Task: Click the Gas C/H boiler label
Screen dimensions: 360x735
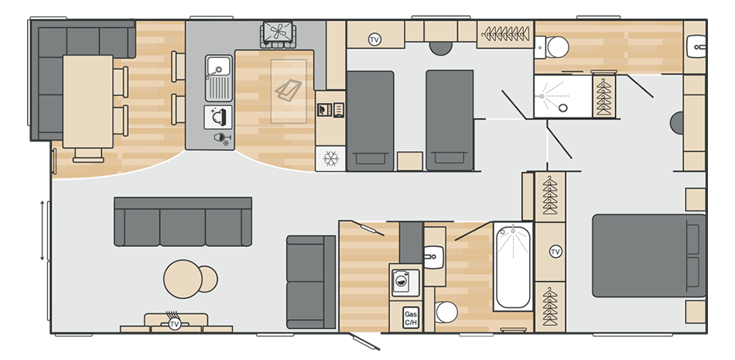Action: [410, 317]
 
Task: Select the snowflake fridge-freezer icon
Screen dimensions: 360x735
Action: [331, 158]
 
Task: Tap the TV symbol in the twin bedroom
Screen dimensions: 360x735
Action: [374, 39]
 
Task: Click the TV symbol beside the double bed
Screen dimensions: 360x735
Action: [556, 252]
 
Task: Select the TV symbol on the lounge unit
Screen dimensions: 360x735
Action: [175, 323]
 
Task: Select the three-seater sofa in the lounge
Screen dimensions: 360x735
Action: [183, 221]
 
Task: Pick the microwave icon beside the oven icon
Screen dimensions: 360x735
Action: [323, 110]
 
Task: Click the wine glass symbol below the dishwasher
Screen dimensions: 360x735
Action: [223, 139]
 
